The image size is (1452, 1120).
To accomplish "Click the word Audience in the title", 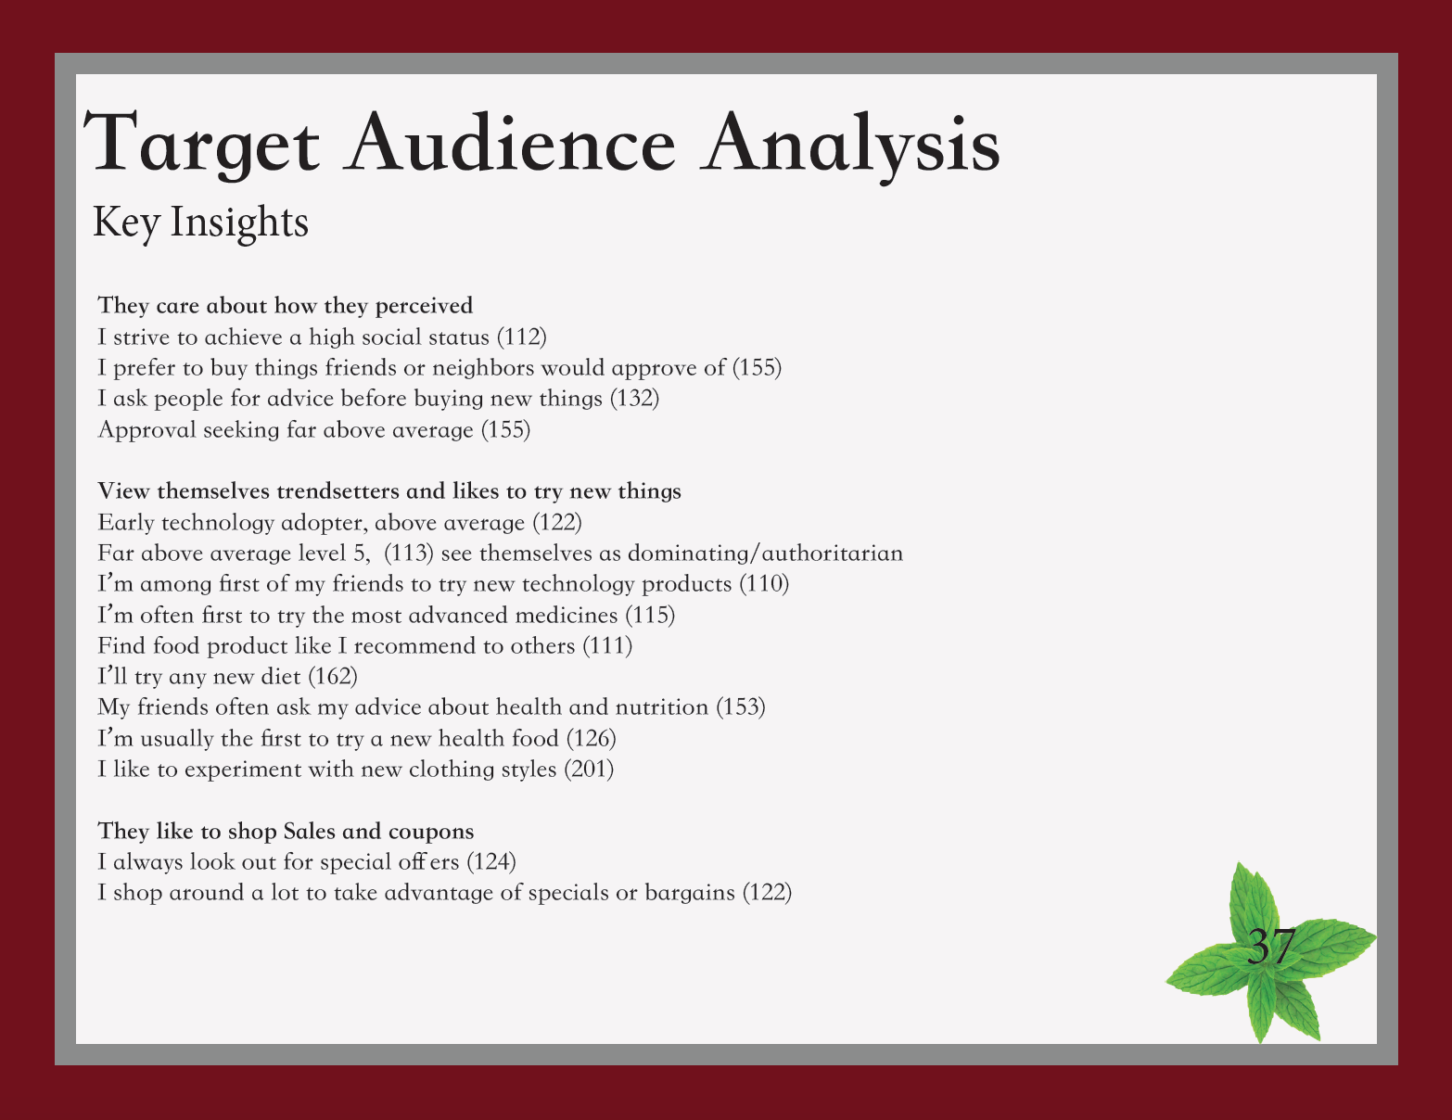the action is click(510, 141).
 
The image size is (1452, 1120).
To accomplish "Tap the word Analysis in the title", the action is click(850, 146).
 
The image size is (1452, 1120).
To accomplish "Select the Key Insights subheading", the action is click(200, 223).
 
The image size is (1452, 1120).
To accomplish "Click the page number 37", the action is click(1271, 946).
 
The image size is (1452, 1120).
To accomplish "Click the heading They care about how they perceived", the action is click(286, 306).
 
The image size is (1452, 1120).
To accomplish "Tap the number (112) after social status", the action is click(522, 337).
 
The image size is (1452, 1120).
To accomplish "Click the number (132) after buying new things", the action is click(635, 399).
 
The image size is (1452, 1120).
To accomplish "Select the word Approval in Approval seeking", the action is click(147, 430).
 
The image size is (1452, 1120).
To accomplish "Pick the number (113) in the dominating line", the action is click(409, 553).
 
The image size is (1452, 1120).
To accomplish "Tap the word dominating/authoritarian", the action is click(765, 554).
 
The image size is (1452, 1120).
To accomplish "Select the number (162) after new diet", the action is click(333, 677).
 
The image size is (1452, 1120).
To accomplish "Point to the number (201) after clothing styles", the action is click(589, 770).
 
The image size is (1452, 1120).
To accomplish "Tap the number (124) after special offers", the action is click(491, 862).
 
